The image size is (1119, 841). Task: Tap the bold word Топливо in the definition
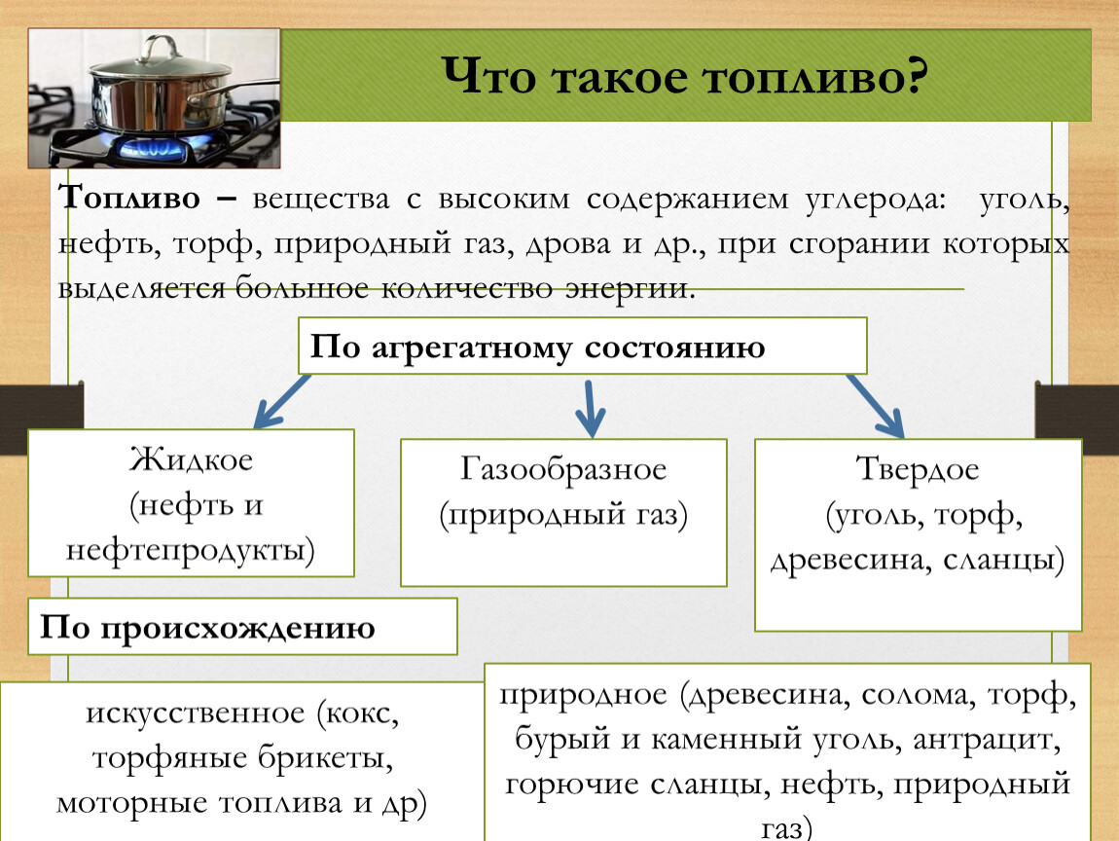(129, 198)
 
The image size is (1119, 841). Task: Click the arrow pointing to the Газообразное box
(591, 409)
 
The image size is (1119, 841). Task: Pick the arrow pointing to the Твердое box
(876, 406)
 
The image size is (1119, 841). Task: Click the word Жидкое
(192, 459)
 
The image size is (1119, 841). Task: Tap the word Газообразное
(563, 469)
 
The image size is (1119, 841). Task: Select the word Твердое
(917, 469)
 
